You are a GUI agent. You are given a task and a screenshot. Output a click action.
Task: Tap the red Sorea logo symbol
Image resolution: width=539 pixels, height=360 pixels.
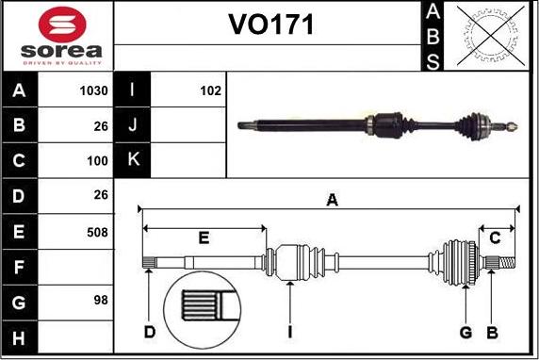pyautogui.click(x=58, y=22)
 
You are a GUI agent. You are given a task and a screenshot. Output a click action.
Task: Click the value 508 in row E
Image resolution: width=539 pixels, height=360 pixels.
pyautogui.click(x=98, y=232)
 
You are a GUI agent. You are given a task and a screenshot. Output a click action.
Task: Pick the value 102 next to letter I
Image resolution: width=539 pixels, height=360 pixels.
pyautogui.click(x=210, y=91)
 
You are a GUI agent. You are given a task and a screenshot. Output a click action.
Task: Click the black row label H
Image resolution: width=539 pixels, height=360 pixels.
pyautogui.click(x=20, y=336)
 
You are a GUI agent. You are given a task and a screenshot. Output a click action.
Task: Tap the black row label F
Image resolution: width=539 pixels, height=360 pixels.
pyautogui.click(x=20, y=267)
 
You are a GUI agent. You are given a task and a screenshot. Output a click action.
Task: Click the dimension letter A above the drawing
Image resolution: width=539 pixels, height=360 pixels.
pyautogui.click(x=332, y=199)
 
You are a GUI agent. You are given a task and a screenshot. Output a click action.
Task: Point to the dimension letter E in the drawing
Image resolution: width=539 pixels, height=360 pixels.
pyautogui.click(x=204, y=237)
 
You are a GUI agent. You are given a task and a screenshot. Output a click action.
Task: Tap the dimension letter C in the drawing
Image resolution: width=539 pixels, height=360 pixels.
pyautogui.click(x=496, y=237)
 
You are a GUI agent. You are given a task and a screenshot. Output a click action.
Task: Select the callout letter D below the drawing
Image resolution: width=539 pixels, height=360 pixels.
pyautogui.click(x=149, y=332)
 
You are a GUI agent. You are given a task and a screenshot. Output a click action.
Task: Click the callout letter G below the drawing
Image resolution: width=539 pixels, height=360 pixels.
pyautogui.click(x=465, y=332)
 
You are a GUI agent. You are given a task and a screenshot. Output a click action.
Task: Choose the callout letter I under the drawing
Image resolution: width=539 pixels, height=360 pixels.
pyautogui.click(x=292, y=332)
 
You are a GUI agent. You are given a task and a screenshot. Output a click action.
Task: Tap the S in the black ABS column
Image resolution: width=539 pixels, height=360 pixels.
pyautogui.click(x=433, y=60)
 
